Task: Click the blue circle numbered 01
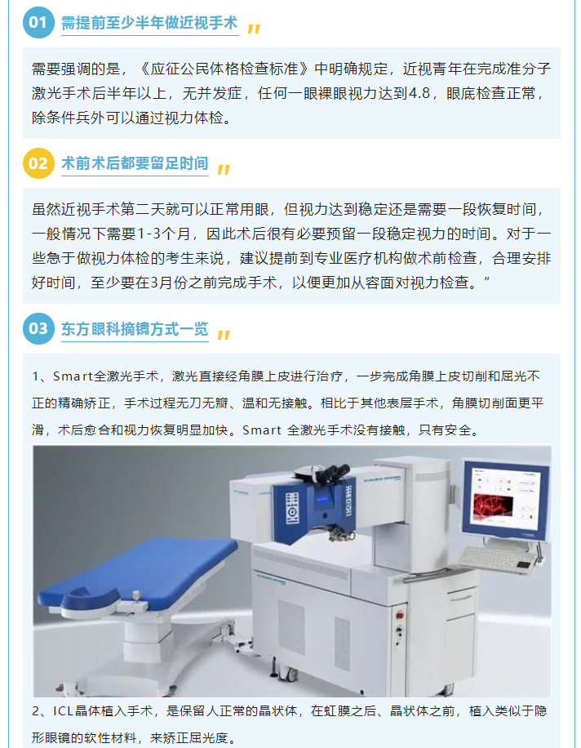(38, 22)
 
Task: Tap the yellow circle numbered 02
(38, 163)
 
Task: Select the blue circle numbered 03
(38, 329)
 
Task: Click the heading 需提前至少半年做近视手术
(149, 22)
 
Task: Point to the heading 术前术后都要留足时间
(135, 163)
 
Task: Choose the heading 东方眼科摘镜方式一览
(135, 329)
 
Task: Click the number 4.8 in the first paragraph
(419, 93)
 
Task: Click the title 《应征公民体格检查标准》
(224, 69)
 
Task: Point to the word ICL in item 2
(64, 710)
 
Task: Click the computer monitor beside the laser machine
(505, 500)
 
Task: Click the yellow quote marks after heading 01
(254, 29)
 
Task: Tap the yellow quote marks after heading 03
(224, 335)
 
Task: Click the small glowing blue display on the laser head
(322, 500)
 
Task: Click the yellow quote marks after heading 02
(224, 169)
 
